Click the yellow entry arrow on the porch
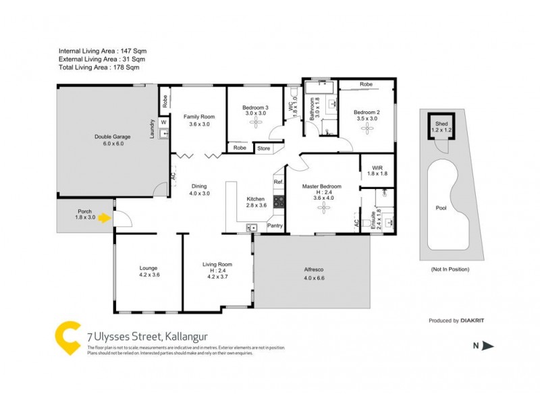pyautogui.click(x=103, y=218)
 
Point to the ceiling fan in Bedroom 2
pyautogui.click(x=367, y=128)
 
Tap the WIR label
pyautogui.click(x=376, y=170)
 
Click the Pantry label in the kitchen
pyautogui.click(x=275, y=225)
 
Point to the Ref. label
pyautogui.click(x=277, y=182)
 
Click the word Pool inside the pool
pyautogui.click(x=441, y=208)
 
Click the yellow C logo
pyautogui.click(x=68, y=337)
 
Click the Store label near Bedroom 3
pyautogui.click(x=263, y=148)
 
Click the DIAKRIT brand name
pyautogui.click(x=475, y=321)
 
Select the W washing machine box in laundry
pyautogui.click(x=164, y=122)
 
